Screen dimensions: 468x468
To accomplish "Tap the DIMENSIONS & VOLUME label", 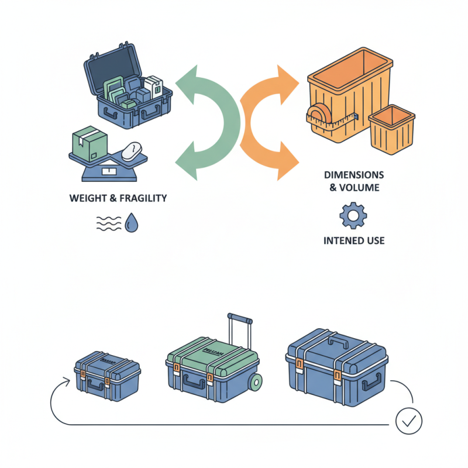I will coord(353,181).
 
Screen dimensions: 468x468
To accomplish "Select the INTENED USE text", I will coord(353,240).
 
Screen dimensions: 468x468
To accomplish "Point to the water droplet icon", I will coord(132,222).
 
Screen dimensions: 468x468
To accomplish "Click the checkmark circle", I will coord(409,421).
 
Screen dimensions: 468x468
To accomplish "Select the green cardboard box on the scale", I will coord(85,144).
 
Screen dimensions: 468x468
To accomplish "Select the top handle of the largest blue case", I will coord(338,340).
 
